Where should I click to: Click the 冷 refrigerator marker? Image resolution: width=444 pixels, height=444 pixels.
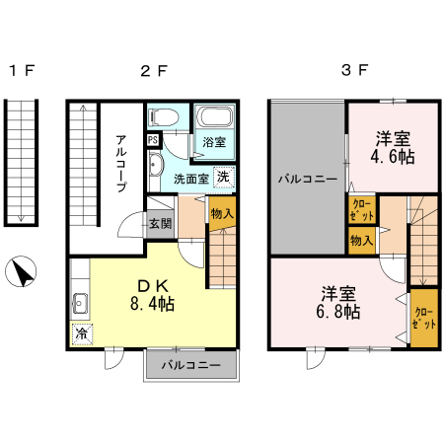point(80,333)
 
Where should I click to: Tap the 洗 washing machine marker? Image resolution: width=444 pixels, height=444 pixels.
point(224,178)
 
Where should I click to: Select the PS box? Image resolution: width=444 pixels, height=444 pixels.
point(153,140)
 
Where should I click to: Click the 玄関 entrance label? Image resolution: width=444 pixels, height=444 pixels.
point(160,222)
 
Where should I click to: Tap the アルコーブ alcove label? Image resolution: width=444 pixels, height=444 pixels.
point(120,162)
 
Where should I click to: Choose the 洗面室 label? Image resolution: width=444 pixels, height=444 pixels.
point(190,180)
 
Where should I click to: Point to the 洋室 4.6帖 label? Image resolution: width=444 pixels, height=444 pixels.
point(393,149)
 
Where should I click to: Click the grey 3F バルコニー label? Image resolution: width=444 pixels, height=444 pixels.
point(307,179)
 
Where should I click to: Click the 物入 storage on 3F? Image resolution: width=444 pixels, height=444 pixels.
point(360,240)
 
